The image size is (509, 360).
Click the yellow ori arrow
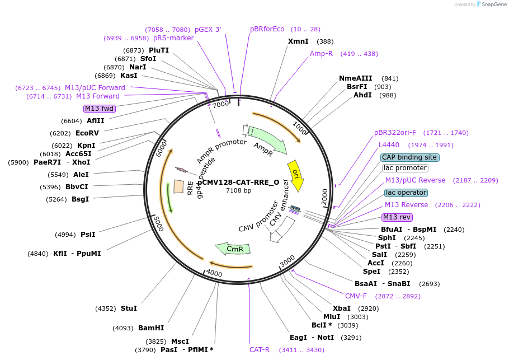tap(295, 175)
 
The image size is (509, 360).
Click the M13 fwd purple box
tap(99, 109)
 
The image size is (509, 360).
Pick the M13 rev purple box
tap(397, 217)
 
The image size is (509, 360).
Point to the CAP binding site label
tap(409, 157)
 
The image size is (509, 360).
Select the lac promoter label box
tap(405, 168)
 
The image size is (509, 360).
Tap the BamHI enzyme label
tap(151, 328)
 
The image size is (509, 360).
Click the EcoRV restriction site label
tap(87, 133)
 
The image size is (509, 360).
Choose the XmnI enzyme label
tap(298, 41)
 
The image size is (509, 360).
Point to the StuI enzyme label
tap(129, 308)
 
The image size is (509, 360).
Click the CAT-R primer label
tap(260, 350)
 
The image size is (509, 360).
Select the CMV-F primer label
tap(356, 296)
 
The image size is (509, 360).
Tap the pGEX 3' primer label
tap(208, 30)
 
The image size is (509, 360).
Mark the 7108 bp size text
tap(239, 191)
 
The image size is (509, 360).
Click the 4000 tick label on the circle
tap(214, 273)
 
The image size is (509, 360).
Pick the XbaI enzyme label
tap(342, 308)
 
